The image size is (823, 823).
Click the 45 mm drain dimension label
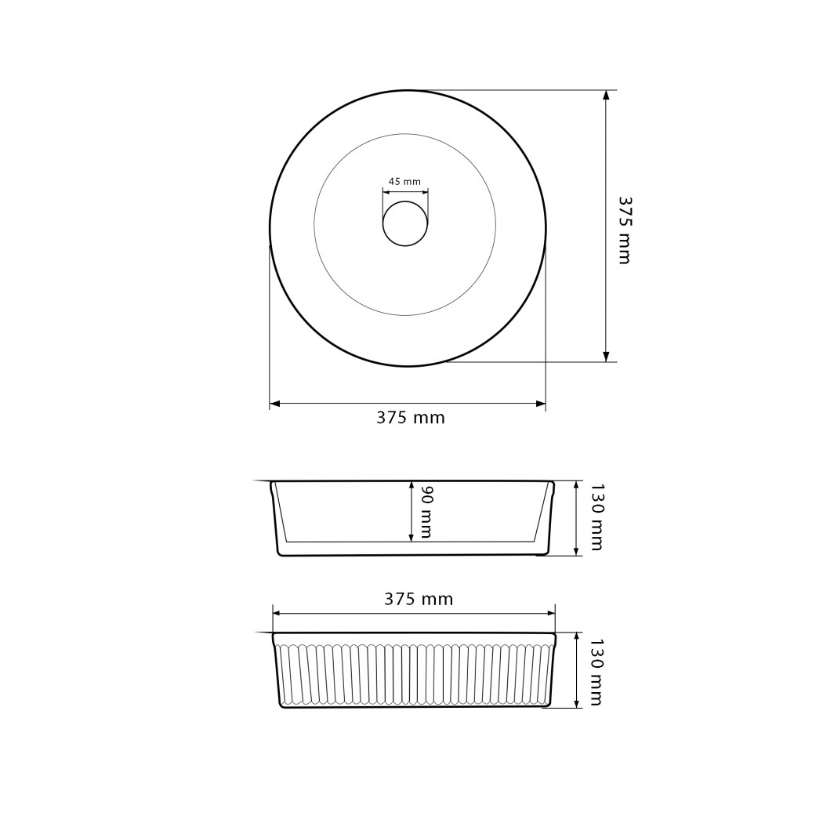tap(404, 182)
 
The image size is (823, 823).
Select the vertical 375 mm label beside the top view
tap(625, 230)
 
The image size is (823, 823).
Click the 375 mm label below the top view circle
tap(411, 418)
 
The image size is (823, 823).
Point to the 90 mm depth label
tap(426, 512)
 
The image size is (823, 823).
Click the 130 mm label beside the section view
tap(596, 517)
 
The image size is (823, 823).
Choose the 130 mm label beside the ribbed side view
tap(596, 672)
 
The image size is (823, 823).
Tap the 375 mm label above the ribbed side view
tap(419, 599)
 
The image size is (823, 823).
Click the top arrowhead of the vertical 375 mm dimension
tap(606, 95)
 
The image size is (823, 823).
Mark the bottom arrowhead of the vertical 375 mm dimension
tap(606, 357)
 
